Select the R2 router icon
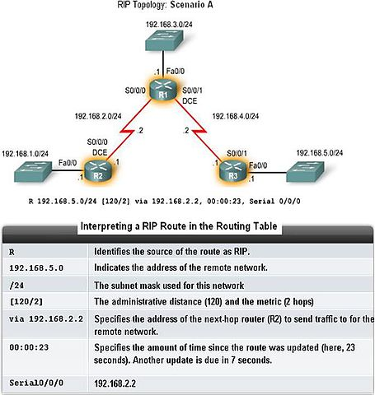click(x=98, y=170)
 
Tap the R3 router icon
click(x=233, y=170)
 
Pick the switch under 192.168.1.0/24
click(x=33, y=172)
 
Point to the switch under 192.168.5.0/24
click(x=305, y=172)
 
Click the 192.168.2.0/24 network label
click(x=98, y=116)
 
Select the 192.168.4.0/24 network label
click(x=236, y=116)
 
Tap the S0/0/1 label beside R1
click(x=193, y=91)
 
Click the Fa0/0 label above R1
click(x=176, y=72)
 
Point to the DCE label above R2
click(x=100, y=152)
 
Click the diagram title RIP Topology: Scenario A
click(x=165, y=5)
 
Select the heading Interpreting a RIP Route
click(x=179, y=226)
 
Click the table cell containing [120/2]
click(x=26, y=302)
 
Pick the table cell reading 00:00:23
click(x=29, y=347)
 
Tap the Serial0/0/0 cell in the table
click(x=36, y=383)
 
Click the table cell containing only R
click(x=12, y=252)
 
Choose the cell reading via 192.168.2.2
click(x=46, y=318)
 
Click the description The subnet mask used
click(x=169, y=286)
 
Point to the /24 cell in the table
click(x=16, y=286)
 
